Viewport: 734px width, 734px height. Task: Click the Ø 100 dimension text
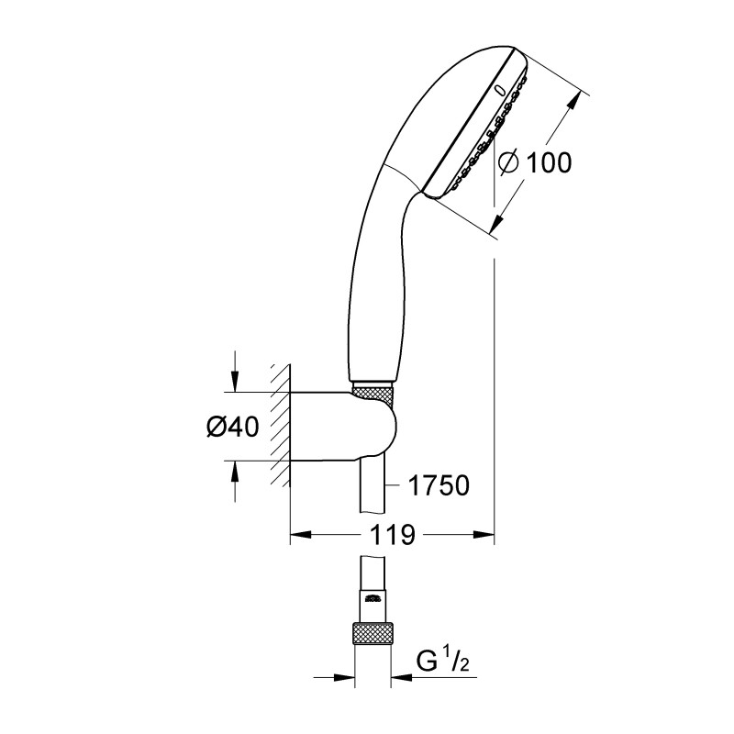[535, 162]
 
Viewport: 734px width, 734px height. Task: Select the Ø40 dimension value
[232, 427]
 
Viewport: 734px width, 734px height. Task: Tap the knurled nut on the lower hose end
[372, 634]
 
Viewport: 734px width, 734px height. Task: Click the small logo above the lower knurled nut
[372, 600]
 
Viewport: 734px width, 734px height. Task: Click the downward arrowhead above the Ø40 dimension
[236, 384]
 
